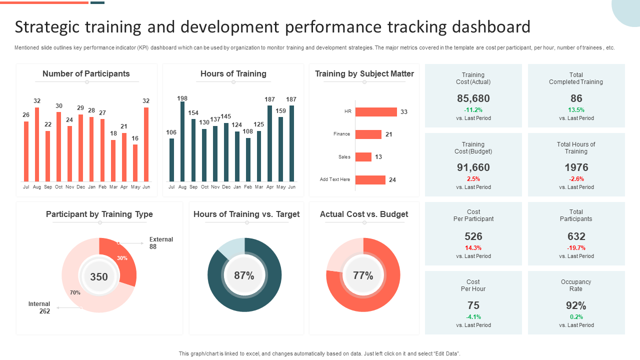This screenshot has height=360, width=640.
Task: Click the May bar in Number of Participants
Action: pos(135,163)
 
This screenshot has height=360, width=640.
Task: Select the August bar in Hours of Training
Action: pos(182,141)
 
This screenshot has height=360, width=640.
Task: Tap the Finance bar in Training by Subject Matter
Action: pos(368,134)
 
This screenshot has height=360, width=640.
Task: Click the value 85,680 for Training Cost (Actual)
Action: pos(473,98)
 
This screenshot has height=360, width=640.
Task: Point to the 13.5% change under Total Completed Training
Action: pos(576,110)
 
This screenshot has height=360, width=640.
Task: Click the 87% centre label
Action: pos(244,275)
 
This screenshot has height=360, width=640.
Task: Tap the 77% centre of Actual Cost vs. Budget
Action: pos(363,275)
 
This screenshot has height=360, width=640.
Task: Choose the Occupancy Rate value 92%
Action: pos(576,305)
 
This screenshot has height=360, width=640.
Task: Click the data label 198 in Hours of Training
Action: pos(182,98)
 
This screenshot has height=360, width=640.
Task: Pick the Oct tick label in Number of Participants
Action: pos(59,187)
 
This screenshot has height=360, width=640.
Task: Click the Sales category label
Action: pos(344,157)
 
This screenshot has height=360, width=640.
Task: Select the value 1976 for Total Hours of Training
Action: pos(576,167)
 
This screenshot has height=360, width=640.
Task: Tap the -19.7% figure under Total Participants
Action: pos(576,248)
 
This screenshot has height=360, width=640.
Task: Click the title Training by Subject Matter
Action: pos(364,74)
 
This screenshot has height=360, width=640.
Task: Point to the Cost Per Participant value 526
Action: pos(473,236)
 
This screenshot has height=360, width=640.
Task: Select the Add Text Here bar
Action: pos(370,180)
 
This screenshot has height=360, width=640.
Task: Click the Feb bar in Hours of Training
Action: pos(248,159)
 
